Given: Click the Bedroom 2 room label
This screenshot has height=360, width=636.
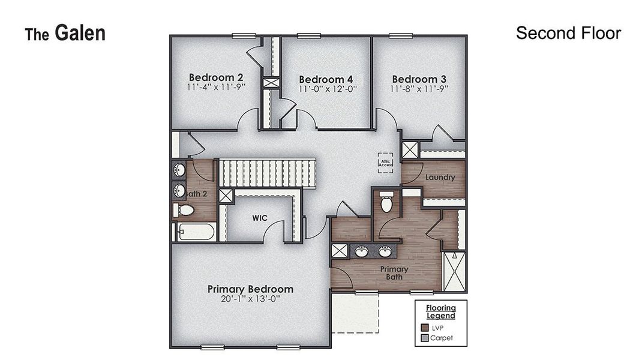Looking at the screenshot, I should (x=216, y=77).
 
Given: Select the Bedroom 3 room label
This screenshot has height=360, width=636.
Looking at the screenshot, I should (x=419, y=79).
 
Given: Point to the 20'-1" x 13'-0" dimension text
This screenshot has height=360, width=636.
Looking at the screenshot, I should (x=250, y=299).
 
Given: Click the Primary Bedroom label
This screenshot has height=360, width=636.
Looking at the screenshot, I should (x=250, y=289).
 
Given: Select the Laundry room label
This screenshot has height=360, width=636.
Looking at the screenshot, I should (x=440, y=178).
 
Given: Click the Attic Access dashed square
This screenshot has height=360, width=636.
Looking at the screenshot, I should (x=385, y=162).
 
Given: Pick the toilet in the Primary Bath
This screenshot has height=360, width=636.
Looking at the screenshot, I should (x=386, y=203).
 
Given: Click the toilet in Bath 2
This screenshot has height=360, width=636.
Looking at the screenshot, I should (x=185, y=210).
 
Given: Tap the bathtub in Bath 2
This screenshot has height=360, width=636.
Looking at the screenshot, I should (x=196, y=232).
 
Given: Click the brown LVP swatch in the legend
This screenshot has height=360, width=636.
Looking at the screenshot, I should (x=424, y=328).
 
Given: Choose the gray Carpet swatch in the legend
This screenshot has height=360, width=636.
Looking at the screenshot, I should (x=424, y=338).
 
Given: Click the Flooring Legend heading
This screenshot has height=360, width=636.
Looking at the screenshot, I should (x=441, y=312).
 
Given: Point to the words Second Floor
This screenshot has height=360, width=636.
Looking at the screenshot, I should (x=568, y=33).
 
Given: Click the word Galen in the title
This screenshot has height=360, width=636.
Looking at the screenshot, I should (x=80, y=33).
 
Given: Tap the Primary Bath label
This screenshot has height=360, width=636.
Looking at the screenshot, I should (x=394, y=273).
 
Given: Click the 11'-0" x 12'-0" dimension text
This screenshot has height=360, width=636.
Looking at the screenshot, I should (x=328, y=89).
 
